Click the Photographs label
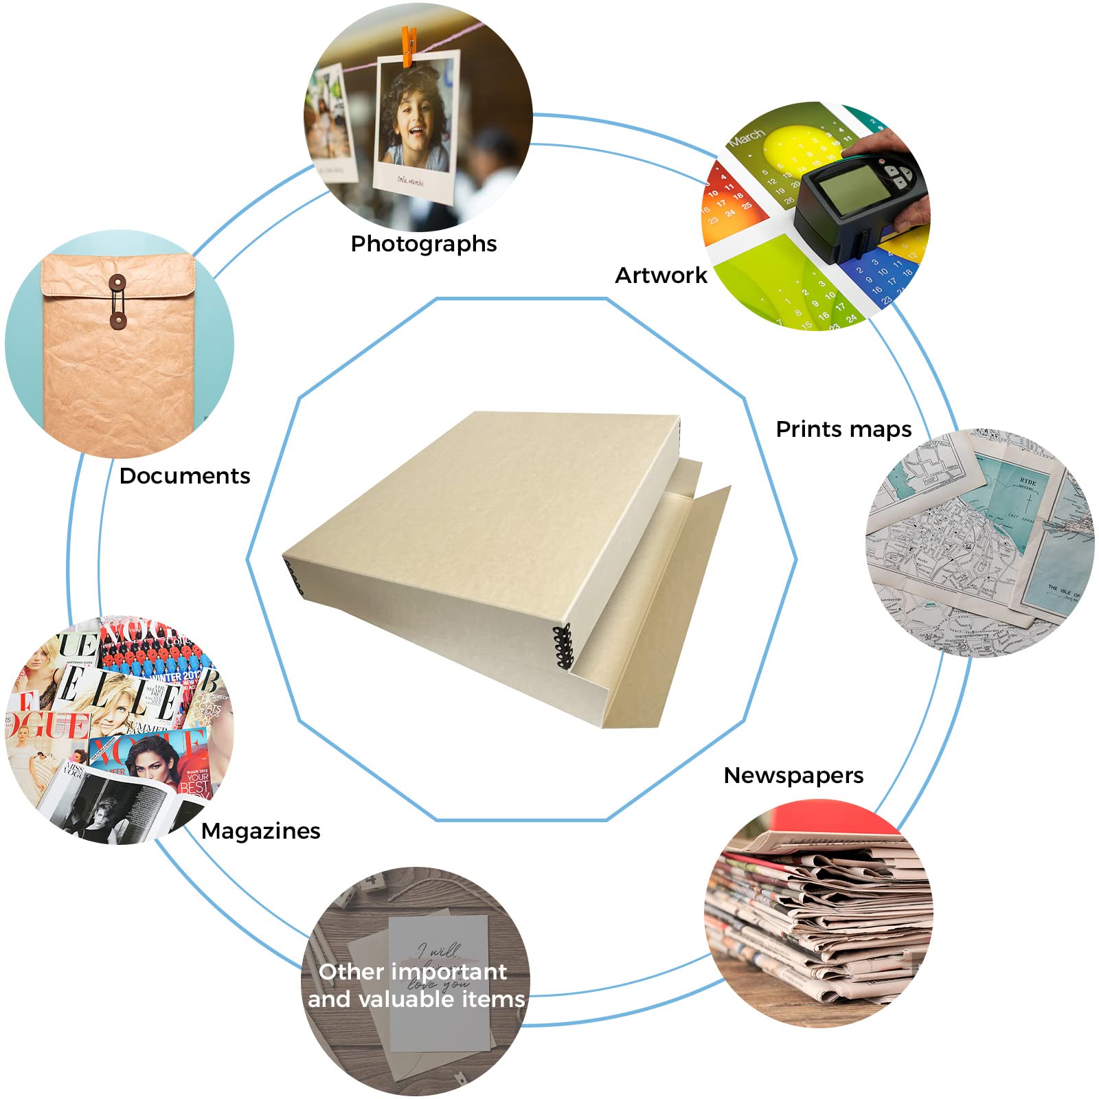click(x=423, y=244)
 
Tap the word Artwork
click(x=660, y=275)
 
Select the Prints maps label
click(x=843, y=429)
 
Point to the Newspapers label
click(x=793, y=775)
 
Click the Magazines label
click(x=260, y=831)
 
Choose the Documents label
click(x=184, y=476)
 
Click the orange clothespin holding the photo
click(x=409, y=46)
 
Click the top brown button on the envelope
click(x=117, y=282)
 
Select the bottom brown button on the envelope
click(x=117, y=320)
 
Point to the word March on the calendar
click(x=747, y=137)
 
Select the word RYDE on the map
click(x=1028, y=481)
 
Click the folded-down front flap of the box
click(x=659, y=604)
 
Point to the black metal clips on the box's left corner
click(x=294, y=577)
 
